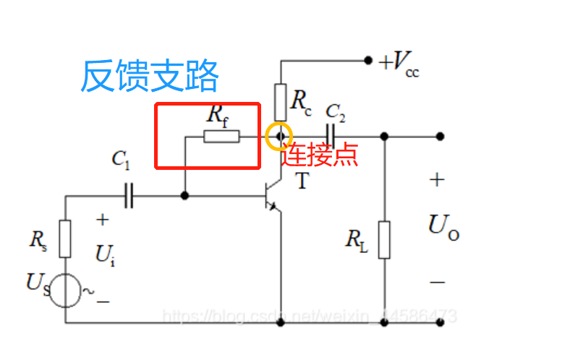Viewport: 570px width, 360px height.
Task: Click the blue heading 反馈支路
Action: [148, 76]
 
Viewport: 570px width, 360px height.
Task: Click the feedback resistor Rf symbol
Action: [221, 136]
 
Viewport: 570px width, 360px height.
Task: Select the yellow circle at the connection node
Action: [278, 136]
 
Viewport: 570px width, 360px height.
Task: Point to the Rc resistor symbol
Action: [279, 102]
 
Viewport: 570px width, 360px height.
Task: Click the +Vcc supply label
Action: [399, 64]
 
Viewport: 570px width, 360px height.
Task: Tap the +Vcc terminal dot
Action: [368, 61]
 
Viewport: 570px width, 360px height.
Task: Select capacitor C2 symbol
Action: [331, 135]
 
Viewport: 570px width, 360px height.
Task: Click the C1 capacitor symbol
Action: [129, 195]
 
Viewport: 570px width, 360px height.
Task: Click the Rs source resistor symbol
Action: [65, 239]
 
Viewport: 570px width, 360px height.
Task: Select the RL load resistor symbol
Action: [384, 239]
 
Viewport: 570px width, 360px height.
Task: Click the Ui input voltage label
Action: [104, 254]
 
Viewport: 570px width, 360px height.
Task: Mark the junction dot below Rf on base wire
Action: [185, 195]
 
